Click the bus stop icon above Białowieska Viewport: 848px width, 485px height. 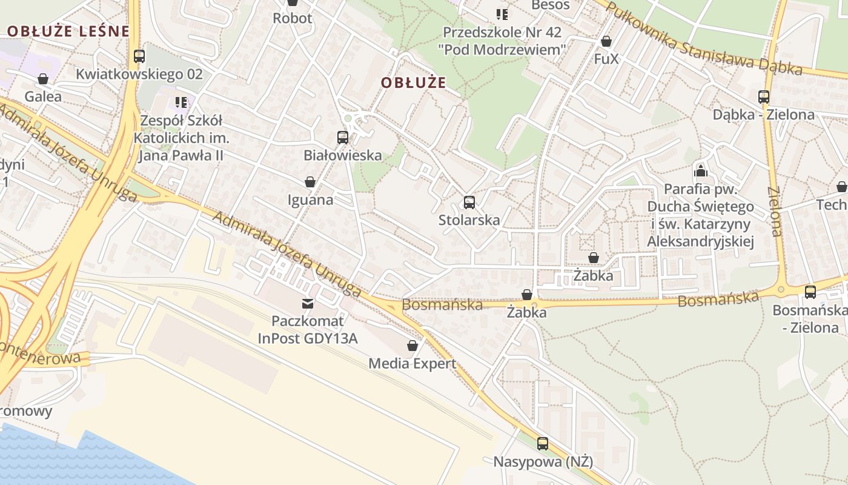click(343, 138)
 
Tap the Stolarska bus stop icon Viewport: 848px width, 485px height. click(469, 202)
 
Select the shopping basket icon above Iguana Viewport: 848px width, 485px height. click(310, 182)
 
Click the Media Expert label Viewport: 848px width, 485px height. click(412, 364)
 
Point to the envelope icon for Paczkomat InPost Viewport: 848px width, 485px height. click(308, 303)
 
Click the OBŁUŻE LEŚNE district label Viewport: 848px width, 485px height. click(68, 32)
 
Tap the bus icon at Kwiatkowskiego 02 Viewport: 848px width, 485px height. click(139, 56)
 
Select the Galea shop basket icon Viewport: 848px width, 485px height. click(43, 79)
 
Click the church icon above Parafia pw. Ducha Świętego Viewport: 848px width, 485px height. click(701, 171)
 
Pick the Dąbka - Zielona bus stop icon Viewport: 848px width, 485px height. click(764, 97)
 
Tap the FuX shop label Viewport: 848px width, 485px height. click(606, 59)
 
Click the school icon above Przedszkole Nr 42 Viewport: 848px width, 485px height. click(502, 14)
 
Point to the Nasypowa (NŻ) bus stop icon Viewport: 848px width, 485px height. click(543, 444)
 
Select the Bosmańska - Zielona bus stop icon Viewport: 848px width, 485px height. click(810, 292)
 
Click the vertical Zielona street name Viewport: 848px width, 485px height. click(775, 211)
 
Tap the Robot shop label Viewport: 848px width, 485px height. click(293, 18)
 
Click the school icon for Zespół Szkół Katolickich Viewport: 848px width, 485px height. click(181, 102)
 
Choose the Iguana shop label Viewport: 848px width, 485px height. click(310, 199)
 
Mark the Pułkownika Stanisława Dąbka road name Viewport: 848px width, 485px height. click(703, 39)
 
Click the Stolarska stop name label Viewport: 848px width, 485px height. click(469, 219)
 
